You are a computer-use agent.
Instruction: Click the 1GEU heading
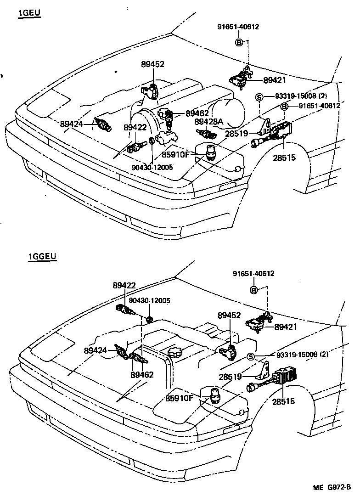[29, 13]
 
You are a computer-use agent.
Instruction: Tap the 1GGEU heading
[42, 256]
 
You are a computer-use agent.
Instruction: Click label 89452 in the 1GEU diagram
[152, 65]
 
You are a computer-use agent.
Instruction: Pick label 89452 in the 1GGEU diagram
[230, 316]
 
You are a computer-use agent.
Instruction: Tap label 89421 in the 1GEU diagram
[274, 80]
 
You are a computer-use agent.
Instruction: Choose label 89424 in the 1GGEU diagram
[96, 350]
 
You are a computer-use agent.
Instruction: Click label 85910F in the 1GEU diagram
[175, 155]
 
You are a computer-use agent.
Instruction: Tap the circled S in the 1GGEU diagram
[251, 357]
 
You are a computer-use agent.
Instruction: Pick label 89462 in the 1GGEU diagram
[141, 374]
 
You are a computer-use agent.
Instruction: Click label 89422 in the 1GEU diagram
[135, 127]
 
